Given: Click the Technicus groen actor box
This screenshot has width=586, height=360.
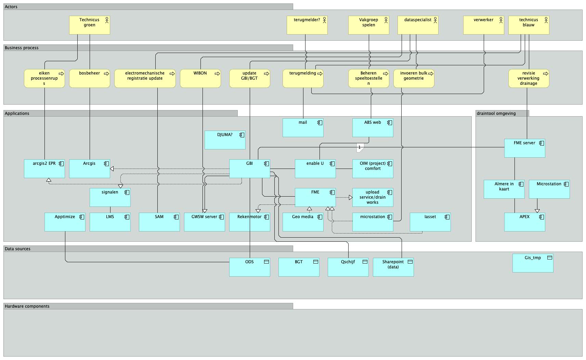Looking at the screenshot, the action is (90, 25).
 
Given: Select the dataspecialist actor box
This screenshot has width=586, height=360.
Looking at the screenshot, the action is (418, 25).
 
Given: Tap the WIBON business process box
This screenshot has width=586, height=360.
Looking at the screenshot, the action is (200, 78).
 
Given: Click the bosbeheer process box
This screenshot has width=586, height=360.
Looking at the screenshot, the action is (90, 78).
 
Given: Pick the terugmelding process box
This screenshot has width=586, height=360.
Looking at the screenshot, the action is (303, 78).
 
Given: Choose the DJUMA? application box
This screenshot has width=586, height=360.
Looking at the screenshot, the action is (225, 140).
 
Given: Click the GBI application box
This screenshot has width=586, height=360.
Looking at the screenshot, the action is (250, 169).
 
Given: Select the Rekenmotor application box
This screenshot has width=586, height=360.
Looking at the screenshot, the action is (250, 222).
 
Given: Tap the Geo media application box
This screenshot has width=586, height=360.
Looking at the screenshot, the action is (303, 222).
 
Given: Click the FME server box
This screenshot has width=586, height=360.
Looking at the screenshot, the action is (524, 148).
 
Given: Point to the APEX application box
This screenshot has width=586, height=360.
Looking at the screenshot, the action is (524, 222).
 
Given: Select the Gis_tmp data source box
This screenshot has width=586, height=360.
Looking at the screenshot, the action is (533, 263).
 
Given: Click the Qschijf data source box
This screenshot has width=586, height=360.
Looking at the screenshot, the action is (348, 267).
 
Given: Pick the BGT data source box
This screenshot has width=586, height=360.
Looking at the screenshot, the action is (299, 267).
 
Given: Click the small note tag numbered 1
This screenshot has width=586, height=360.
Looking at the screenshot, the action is (360, 148).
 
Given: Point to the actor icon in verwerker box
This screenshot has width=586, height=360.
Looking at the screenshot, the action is (501, 20).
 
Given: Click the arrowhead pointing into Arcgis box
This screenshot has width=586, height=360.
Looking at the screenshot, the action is (112, 169).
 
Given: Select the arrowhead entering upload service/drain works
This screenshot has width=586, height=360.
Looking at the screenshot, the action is (351, 198).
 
